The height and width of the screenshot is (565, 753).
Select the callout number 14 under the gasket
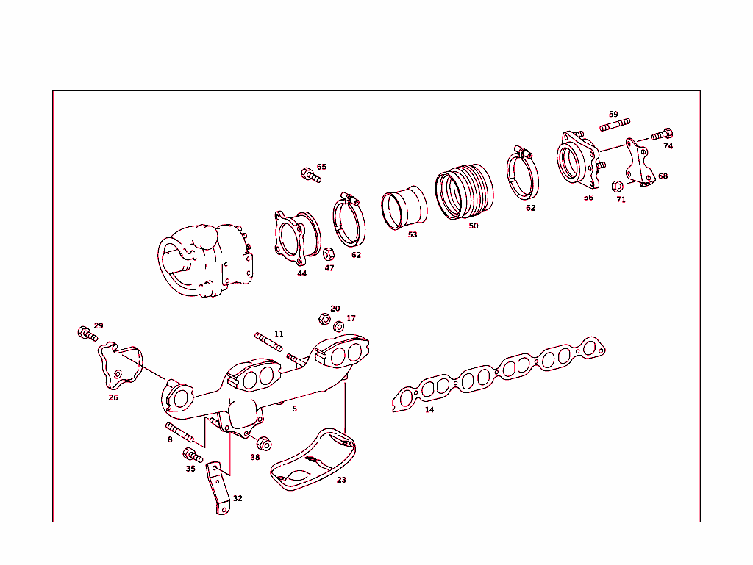coord(429,410)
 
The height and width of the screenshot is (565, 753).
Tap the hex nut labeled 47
coord(329,253)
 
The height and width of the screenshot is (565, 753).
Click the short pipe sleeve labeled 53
coord(403,208)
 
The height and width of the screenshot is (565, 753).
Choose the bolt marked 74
coord(663,135)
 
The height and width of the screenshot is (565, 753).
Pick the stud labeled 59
coord(615,125)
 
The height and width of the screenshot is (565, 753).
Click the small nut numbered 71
coord(618,186)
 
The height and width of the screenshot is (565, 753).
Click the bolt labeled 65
coord(310,175)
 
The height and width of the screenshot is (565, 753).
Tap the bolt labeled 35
coord(190,455)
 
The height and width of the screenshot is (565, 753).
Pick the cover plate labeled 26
coord(115,365)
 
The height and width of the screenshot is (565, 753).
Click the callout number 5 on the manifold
coord(295,409)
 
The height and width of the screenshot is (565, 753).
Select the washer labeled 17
coord(339,325)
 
